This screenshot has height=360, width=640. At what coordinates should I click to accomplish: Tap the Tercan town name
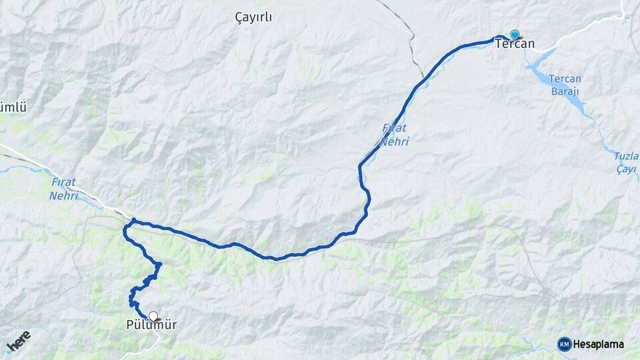(x=515, y=44)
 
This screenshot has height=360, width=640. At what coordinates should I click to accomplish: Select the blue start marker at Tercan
(x=515, y=34)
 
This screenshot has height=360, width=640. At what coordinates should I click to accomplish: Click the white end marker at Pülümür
(x=153, y=316)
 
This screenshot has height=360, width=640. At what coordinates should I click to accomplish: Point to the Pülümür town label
(x=151, y=325)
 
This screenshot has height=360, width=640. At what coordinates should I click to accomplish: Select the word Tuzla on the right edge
(x=625, y=156)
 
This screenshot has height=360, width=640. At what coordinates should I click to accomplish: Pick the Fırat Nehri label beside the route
(x=395, y=135)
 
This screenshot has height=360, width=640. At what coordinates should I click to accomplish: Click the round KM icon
(x=564, y=344)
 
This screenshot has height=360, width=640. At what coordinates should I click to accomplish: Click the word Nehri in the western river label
(x=64, y=196)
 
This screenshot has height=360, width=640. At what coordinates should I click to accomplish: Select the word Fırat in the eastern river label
(x=395, y=128)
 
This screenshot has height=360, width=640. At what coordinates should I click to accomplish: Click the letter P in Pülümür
(x=129, y=325)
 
